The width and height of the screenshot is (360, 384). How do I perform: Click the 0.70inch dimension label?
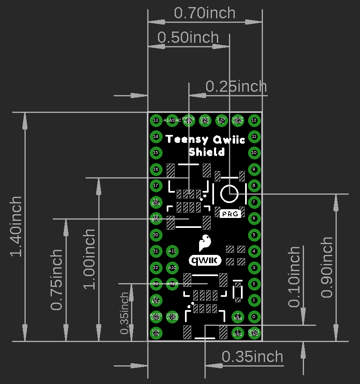pos(204,13)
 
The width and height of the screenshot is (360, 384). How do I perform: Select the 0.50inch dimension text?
pos(188,37)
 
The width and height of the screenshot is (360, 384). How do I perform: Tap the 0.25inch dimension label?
pos(236,86)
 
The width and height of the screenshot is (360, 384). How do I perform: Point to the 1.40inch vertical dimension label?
pos(16,227)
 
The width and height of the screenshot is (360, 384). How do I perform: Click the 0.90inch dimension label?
pos(327,267)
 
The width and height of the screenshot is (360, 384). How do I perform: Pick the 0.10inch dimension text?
pos(294,276)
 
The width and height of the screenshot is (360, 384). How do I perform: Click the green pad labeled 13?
pos(156,120)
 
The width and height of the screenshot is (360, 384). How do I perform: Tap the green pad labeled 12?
pos(254,120)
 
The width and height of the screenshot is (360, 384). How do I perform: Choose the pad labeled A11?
pos(172,251)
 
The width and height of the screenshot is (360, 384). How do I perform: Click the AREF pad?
pos(172,284)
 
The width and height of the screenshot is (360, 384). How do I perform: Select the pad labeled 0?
pos(254,316)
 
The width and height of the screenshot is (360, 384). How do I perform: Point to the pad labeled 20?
pos(156,235)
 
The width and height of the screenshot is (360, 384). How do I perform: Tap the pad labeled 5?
pos(254,235)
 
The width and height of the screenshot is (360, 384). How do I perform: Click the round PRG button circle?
pos(229,193)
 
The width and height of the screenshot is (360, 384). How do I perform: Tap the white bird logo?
pos(204,242)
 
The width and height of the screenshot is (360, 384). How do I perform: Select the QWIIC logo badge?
pos(205,260)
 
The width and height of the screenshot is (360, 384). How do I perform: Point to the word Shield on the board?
pos(207,152)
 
